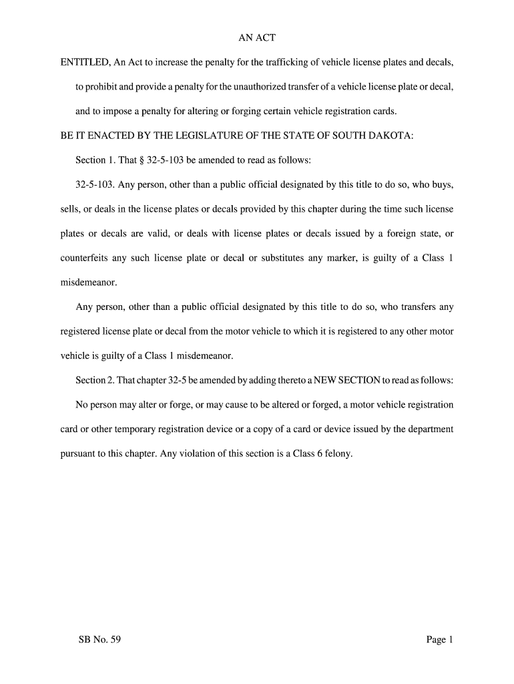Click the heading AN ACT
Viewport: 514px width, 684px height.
point(257,38)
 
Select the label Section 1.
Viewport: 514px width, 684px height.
point(94,160)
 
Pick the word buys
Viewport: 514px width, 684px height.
point(443,184)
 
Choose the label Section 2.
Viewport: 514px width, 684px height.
point(94,380)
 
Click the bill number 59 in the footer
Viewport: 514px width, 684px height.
point(113,640)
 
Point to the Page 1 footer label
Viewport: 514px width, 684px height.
point(440,640)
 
